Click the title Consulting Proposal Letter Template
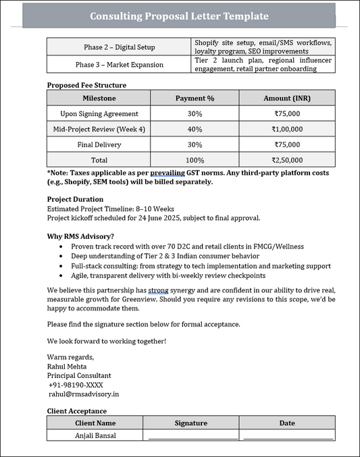[x=179, y=16]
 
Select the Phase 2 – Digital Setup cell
[x=119, y=47]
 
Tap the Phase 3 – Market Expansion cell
[x=119, y=65]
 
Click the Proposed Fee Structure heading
[x=86, y=85]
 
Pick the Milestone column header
[x=99, y=99]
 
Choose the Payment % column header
[x=195, y=99]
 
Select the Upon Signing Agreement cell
[x=99, y=114]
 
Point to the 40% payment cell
[x=195, y=129]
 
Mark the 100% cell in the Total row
[x=195, y=160]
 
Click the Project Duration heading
[x=75, y=199]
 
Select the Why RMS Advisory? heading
[x=80, y=236]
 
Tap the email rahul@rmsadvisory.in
[x=84, y=394]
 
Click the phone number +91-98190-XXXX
[x=76, y=385]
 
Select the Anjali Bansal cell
[x=95, y=435]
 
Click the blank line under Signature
[x=193, y=437]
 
